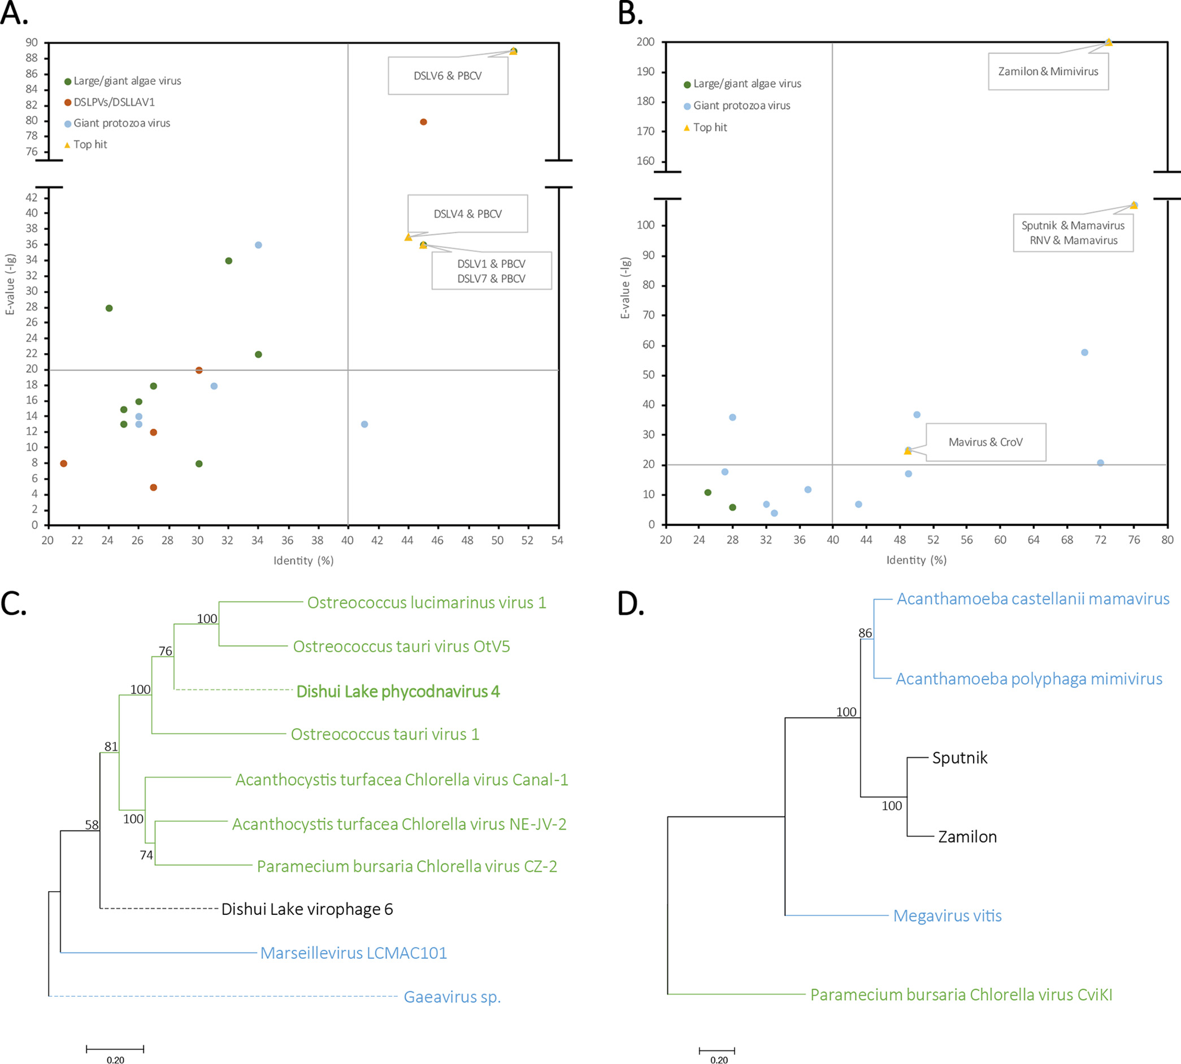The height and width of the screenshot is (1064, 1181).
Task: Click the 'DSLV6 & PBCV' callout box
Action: pos(448,76)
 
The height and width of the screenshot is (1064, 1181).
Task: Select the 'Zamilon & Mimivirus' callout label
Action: pos(1048,71)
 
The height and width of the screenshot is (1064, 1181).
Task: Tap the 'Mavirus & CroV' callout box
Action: pos(985,442)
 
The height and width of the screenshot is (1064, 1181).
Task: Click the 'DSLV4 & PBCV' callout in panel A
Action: pos(468,214)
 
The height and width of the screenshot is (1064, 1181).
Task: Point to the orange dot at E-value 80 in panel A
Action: pos(423,121)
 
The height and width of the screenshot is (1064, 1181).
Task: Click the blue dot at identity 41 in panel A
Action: pos(364,424)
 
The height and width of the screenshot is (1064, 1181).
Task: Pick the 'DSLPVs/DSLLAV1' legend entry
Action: pos(114,102)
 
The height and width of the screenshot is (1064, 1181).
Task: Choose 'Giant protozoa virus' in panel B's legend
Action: pos(741,106)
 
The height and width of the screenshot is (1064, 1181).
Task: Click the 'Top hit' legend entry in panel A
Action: pos(90,145)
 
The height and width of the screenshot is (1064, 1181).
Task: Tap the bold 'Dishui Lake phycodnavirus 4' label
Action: pos(398,692)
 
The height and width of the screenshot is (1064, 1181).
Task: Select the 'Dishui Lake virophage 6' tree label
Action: pos(307,909)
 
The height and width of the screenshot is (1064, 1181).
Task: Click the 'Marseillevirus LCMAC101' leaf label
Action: pos(353,953)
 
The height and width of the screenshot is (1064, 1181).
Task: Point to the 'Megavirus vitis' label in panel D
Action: pos(947,915)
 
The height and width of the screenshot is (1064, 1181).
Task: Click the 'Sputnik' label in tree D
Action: pos(959,758)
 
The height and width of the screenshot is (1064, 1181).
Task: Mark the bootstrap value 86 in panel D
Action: pos(865,632)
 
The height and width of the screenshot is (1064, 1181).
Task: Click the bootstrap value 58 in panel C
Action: pos(92,825)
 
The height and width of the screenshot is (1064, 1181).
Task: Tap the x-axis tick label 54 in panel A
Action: pos(557,540)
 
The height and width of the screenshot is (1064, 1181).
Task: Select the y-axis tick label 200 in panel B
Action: pos(645,42)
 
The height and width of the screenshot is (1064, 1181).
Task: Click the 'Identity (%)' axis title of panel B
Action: pos(916,560)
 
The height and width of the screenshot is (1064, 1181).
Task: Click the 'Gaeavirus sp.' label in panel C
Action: pos(452,997)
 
